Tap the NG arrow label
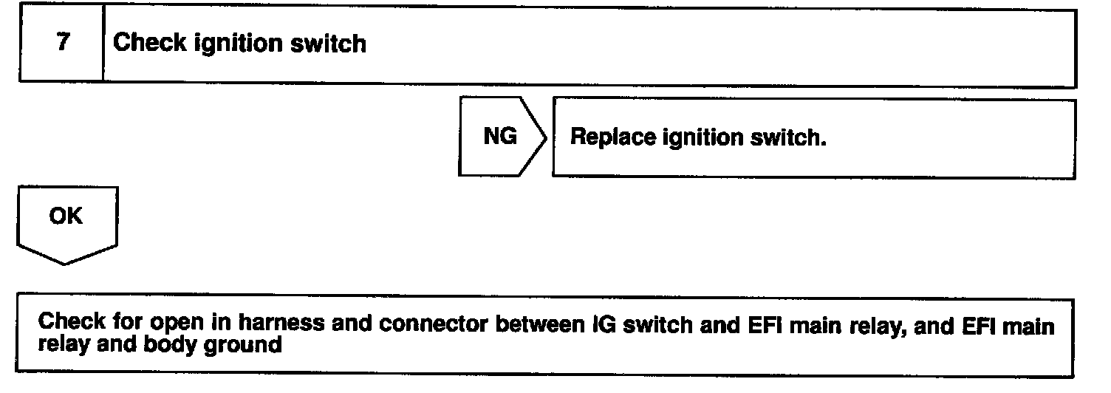[x=500, y=137]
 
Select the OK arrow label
[x=66, y=216]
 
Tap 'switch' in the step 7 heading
[x=332, y=44]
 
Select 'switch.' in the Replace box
[x=790, y=138]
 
